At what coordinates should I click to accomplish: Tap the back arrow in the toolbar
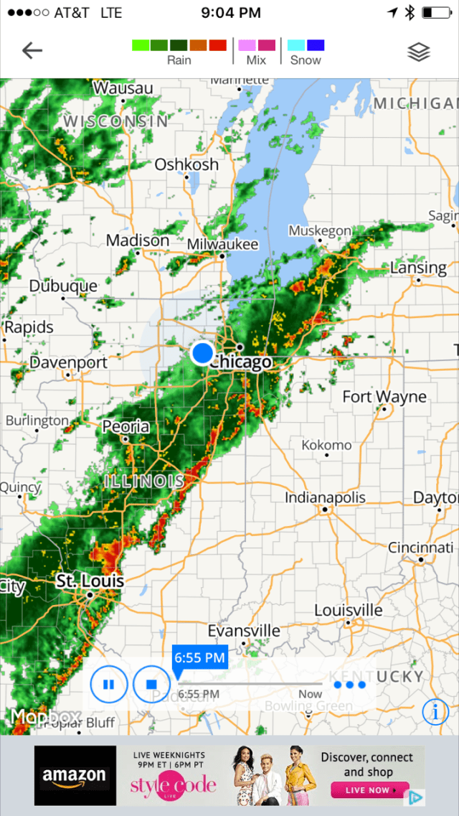32,50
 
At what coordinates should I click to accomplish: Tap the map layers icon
419,52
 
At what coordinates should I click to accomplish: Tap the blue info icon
435,711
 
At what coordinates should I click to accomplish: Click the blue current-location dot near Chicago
203,353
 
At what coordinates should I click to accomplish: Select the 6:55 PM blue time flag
200,657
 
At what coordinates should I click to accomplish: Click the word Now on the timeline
311,694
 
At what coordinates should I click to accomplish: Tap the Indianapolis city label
325,497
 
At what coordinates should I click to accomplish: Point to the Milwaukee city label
222,245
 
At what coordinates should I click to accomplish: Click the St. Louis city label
90,581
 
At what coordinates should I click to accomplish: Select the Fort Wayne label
384,397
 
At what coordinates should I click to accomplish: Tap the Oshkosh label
186,164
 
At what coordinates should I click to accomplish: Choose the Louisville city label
349,610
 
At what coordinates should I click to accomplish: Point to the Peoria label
126,427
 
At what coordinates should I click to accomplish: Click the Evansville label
244,631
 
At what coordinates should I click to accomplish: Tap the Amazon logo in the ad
75,775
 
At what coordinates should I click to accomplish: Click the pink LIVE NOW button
370,790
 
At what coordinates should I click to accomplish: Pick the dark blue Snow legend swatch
316,45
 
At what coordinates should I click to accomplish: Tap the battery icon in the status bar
435,13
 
